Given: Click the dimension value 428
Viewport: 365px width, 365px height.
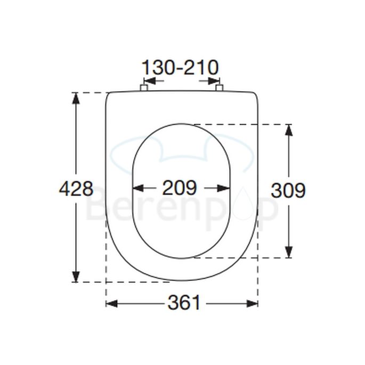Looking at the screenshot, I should tap(76, 189).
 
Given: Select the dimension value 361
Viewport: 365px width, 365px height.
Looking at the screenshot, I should tap(184, 303).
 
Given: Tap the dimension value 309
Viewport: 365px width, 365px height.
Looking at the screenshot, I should tap(288, 190).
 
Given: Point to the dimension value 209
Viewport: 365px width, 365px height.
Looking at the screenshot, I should tap(180, 188).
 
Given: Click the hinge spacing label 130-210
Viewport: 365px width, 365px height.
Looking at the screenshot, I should tap(180, 68).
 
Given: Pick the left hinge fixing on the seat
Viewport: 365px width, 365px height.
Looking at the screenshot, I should tap(143, 88).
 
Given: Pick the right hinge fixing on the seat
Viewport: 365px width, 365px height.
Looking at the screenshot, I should tap(219, 88).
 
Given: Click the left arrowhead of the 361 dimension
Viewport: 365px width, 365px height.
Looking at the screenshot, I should tap(111, 303).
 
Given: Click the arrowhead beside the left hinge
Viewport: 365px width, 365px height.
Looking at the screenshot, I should tap(151, 82).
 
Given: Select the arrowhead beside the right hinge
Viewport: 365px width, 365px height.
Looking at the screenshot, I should tap(212, 82).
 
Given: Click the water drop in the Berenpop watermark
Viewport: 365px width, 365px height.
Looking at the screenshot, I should tap(238, 210).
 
